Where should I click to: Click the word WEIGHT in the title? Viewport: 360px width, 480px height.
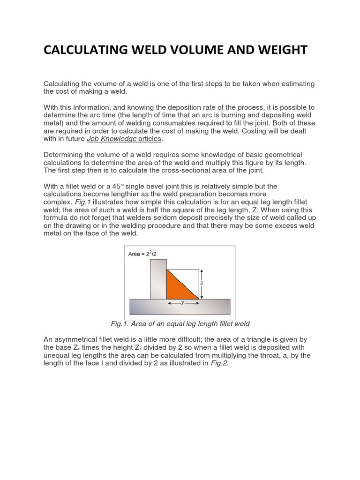pyautogui.click(x=279, y=50)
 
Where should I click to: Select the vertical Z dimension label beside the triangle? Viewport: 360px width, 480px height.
pyautogui.click(x=201, y=284)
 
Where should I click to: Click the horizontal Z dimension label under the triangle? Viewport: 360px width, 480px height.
pyautogui.click(x=182, y=303)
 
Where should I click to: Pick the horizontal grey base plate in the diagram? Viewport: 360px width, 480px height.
pyautogui.click(x=180, y=307)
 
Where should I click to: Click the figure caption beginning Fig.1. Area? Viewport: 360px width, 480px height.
pyautogui.click(x=180, y=323)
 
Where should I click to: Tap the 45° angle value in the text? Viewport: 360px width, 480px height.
pyautogui.click(x=125, y=186)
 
